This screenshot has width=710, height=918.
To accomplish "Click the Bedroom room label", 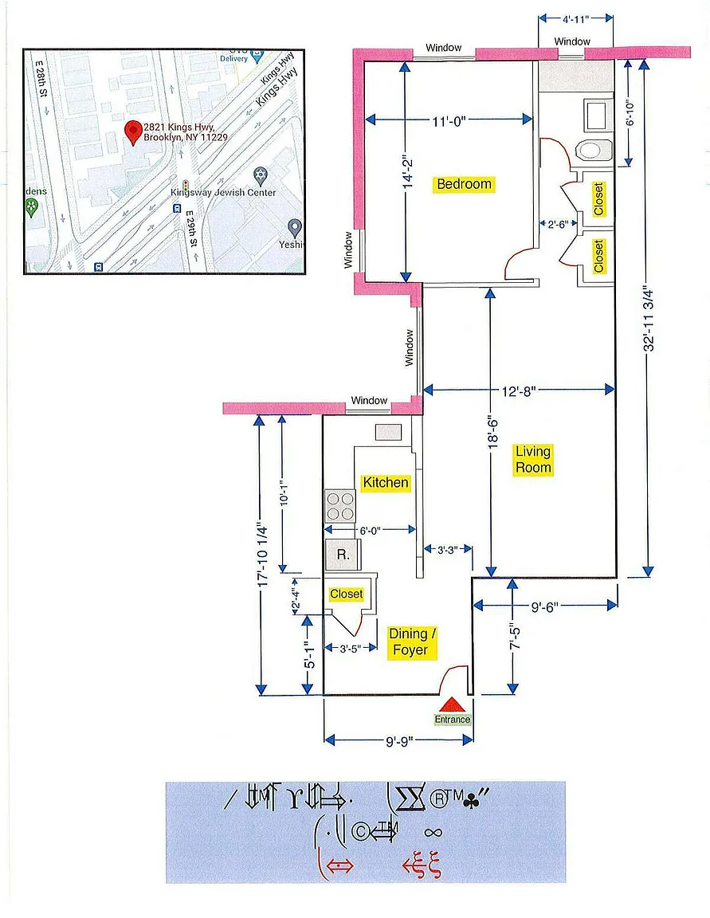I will click(465, 184).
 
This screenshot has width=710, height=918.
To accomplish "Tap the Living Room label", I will click(533, 460).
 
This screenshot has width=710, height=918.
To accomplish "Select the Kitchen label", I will click(386, 482).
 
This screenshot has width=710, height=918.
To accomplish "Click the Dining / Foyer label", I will click(410, 642).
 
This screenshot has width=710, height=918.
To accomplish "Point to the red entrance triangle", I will click(452, 704).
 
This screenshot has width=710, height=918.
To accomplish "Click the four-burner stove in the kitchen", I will click(339, 504).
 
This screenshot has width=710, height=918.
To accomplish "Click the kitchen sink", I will click(389, 432).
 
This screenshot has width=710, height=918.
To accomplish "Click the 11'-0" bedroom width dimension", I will click(449, 120).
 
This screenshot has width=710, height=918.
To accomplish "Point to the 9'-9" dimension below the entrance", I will click(398, 739).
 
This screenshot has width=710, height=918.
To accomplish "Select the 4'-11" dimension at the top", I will click(576, 18).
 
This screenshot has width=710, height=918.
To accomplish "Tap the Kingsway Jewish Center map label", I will click(223, 192).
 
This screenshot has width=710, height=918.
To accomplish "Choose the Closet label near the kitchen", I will click(346, 594).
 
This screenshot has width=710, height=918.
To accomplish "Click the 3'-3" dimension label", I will click(441, 548).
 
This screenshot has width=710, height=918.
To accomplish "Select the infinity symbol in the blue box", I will click(433, 833).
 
